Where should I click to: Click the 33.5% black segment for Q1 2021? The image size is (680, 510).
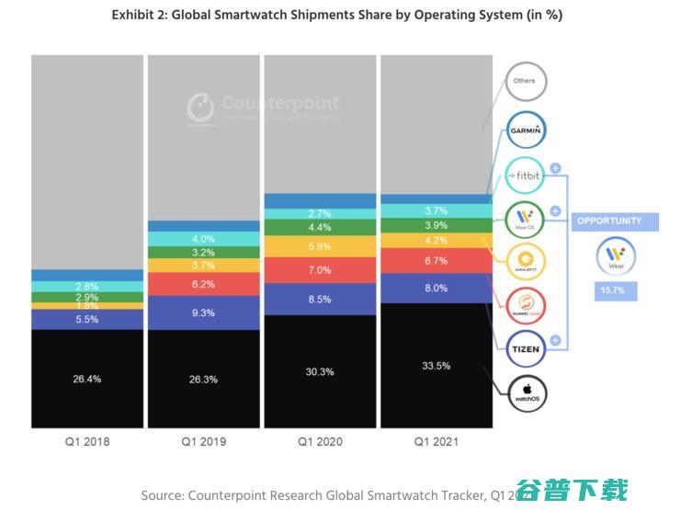pyautogui.click(x=436, y=365)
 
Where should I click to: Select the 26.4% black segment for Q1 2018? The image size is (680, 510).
pyautogui.click(x=87, y=378)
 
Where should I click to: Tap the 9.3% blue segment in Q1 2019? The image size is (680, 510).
pyautogui.click(x=203, y=312)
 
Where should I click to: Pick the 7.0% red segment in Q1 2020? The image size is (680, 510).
pyautogui.click(x=320, y=270)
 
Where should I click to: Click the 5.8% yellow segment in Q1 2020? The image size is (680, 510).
pyautogui.click(x=320, y=246)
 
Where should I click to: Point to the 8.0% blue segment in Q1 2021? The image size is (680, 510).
pyautogui.click(x=436, y=288)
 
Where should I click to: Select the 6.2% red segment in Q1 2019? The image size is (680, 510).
pyautogui.click(x=203, y=284)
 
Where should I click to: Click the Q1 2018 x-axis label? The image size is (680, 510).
pyautogui.click(x=87, y=442)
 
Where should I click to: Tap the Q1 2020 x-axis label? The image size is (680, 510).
pyautogui.click(x=320, y=442)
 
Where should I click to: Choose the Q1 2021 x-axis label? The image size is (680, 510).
pyautogui.click(x=436, y=442)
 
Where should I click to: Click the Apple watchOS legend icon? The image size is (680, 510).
pyautogui.click(x=527, y=394)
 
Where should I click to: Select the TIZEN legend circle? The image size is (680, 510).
pyautogui.click(x=527, y=349)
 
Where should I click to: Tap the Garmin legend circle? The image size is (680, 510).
pyautogui.click(x=527, y=130)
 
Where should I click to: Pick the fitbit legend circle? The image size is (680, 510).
pyautogui.click(x=527, y=175)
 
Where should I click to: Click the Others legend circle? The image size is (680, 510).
pyautogui.click(x=525, y=81)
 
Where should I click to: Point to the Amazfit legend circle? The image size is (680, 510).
pyautogui.click(x=527, y=261)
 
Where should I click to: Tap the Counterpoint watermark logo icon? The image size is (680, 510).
pyautogui.click(x=199, y=108)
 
